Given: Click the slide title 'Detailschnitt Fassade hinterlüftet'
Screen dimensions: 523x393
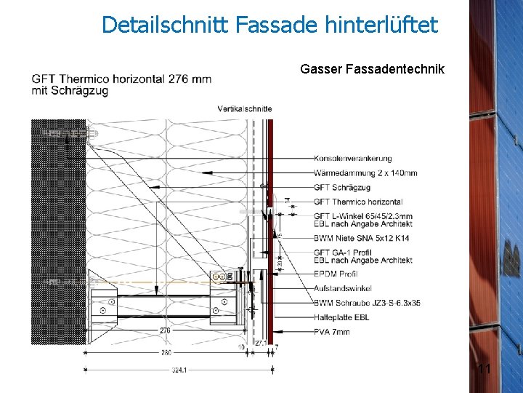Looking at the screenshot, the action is (269, 25).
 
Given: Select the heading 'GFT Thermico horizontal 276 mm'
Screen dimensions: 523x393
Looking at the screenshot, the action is (121, 79).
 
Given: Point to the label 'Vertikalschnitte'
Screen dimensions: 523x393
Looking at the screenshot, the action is (245, 108).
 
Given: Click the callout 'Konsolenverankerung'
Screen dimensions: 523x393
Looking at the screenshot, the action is (353, 159).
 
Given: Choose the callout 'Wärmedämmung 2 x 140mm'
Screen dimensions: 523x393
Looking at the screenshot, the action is (365, 173).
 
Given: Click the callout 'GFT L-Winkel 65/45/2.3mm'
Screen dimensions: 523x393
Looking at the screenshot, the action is (363, 216).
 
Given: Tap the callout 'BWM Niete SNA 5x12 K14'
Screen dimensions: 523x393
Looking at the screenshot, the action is (362, 238).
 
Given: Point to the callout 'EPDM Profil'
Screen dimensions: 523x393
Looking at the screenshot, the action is (336, 274).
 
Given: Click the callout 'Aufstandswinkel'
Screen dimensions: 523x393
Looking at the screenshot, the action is (342, 289).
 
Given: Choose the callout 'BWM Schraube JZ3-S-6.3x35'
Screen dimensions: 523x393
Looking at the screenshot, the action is (367, 303).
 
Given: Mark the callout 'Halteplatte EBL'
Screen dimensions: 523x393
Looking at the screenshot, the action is (341, 317).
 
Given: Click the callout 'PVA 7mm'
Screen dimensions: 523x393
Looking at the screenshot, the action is (332, 332).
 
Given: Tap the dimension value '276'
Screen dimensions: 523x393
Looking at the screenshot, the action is (166, 331).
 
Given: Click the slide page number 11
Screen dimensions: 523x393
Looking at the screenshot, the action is (485, 370).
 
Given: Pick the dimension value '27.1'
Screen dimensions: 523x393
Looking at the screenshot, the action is (260, 342).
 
